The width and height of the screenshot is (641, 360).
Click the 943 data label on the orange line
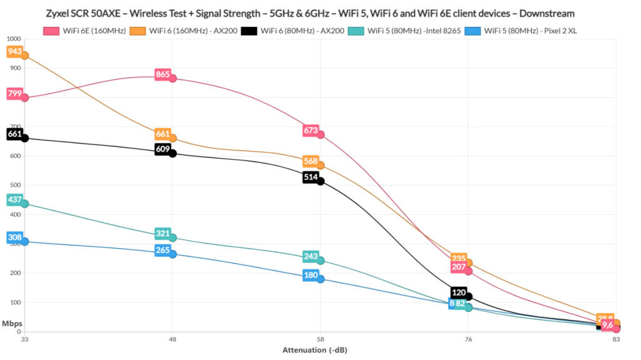tap(14, 51)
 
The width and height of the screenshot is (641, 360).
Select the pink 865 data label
tap(163, 75)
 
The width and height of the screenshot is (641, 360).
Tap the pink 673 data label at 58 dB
tap(310, 130)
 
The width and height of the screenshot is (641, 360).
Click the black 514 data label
tap(310, 177)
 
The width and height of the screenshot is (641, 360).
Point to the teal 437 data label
tap(14, 200)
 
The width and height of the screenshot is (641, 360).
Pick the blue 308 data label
tap(14, 237)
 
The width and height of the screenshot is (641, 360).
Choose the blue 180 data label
tap(310, 275)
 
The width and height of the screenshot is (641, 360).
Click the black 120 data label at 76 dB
tap(459, 292)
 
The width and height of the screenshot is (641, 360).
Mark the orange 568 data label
tap(310, 161)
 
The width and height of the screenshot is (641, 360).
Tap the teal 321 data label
tap(163, 234)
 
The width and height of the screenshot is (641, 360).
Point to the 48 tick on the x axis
tap(173, 339)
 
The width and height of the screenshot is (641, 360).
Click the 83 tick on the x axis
tap(617, 339)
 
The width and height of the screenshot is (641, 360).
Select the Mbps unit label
tap(10, 324)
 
